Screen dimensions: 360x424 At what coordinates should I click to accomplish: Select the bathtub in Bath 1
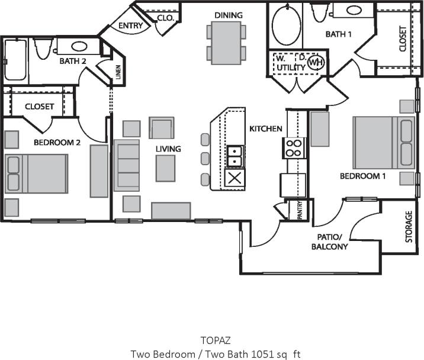pos(287,26)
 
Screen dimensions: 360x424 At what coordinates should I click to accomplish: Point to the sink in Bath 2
pos(79,46)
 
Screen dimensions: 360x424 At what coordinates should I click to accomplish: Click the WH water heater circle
pos(316,62)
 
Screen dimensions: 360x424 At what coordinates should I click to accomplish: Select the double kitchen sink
pos(235,156)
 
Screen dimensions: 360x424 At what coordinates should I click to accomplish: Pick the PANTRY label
pos(300,209)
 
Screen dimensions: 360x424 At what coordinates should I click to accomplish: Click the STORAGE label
pos(408,228)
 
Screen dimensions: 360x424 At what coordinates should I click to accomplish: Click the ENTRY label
pos(130,26)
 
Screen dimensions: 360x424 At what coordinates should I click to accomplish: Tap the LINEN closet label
pos(118,73)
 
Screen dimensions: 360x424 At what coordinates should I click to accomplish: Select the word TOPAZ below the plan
pos(212,341)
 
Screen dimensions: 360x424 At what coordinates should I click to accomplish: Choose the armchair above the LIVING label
pos(161,128)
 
